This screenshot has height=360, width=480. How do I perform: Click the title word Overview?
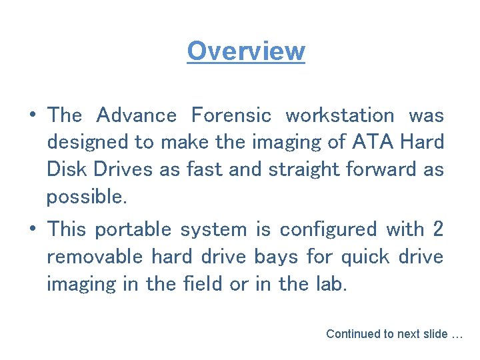246,51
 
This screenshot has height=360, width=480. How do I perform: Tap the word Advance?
137,115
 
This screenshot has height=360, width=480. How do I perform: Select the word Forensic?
231,115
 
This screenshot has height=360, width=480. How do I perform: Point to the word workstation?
340,115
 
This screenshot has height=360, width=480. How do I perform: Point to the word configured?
329,229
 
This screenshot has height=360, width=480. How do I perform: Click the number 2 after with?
438,229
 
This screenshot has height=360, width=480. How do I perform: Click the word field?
203,284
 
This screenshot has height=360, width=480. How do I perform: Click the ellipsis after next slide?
457,335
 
